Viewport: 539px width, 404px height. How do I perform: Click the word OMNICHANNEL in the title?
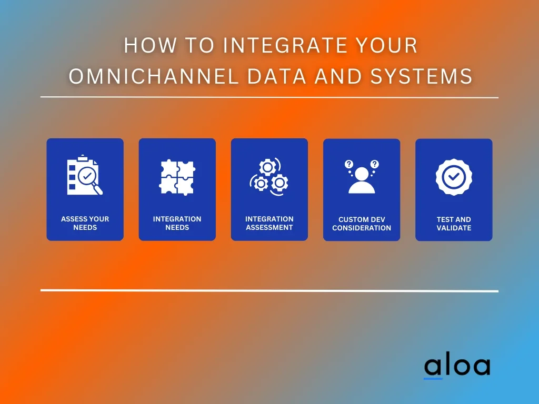click(x=154, y=76)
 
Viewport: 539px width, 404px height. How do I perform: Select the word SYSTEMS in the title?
click(x=422, y=76)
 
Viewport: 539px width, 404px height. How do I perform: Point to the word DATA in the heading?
click(x=276, y=76)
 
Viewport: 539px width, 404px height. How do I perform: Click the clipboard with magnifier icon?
click(x=85, y=175)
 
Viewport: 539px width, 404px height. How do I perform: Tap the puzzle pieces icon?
click(x=177, y=177)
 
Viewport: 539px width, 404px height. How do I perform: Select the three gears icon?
click(x=269, y=177)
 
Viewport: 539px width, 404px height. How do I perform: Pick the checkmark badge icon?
click(x=454, y=177)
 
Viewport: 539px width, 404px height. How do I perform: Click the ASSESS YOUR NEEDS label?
click(x=85, y=223)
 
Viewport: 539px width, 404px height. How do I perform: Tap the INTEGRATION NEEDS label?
click(x=177, y=223)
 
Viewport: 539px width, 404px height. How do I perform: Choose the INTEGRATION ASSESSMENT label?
click(x=269, y=223)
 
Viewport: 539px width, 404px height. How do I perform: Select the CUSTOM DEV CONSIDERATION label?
click(x=362, y=224)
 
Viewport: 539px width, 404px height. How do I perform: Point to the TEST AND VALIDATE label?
click(x=454, y=224)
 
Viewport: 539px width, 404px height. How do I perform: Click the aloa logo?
click(x=457, y=367)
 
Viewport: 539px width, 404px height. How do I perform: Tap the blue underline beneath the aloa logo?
click(x=433, y=379)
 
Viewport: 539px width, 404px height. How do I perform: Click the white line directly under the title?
click(x=269, y=97)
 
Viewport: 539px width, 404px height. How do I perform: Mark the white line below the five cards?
click(x=269, y=290)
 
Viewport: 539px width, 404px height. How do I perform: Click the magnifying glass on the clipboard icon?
click(x=90, y=180)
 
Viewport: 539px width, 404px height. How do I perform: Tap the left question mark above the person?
click(x=349, y=164)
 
